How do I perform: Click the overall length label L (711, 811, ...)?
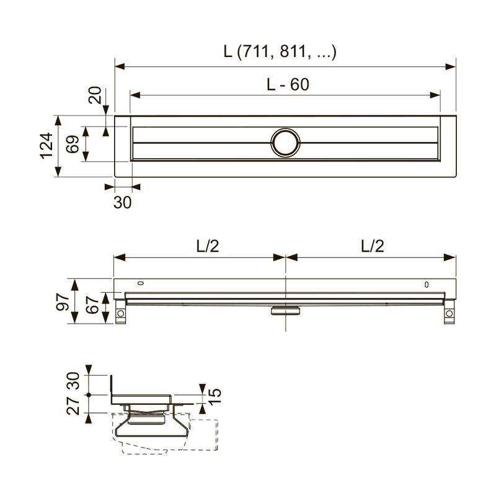click(x=280, y=51)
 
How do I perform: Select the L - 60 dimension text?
click(x=288, y=84)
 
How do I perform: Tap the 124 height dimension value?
click(x=46, y=146)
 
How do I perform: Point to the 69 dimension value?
click(x=73, y=144)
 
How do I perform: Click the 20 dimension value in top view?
click(x=95, y=95)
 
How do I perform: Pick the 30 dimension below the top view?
click(x=122, y=202)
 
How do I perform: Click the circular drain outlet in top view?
click(x=286, y=143)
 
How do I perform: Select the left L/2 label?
click(x=208, y=246)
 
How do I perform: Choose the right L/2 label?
click(x=373, y=246)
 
